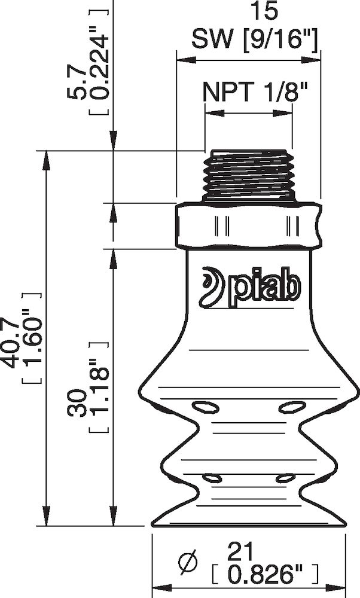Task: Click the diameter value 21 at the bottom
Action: pyautogui.click(x=245, y=551)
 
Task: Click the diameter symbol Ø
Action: pyautogui.click(x=188, y=563)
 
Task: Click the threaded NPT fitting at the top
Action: pyautogui.click(x=248, y=176)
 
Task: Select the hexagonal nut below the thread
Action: pyautogui.click(x=248, y=226)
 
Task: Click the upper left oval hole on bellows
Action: pyautogui.click(x=205, y=408)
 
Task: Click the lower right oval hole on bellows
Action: pyautogui.click(x=285, y=478)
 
